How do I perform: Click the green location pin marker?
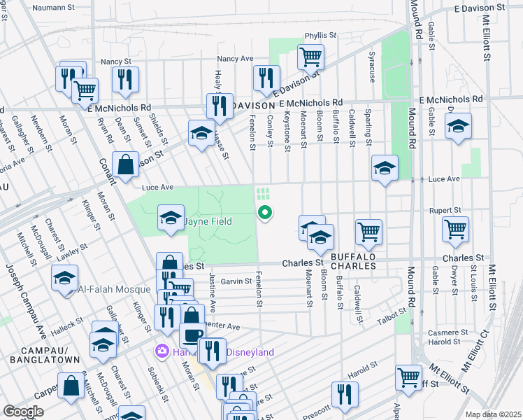265,212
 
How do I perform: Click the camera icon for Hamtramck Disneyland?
162,351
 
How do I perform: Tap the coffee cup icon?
192,335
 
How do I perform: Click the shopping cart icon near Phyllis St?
310,56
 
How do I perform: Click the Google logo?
23,411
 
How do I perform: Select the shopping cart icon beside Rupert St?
455,228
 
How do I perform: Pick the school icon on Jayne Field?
171,218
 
